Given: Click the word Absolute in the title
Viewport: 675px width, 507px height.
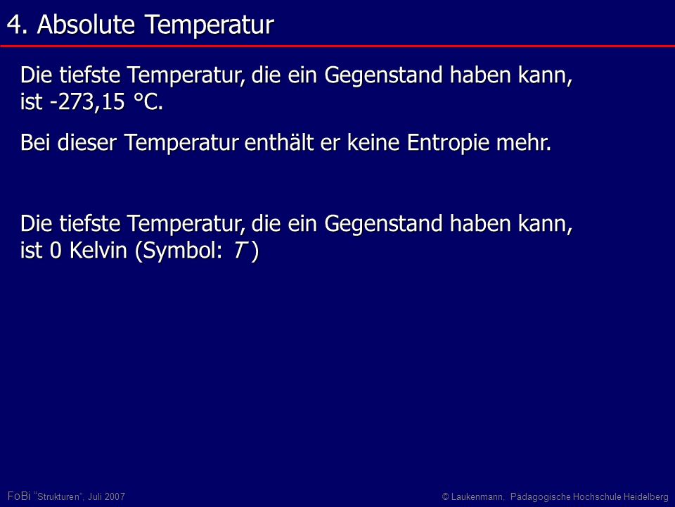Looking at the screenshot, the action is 86,24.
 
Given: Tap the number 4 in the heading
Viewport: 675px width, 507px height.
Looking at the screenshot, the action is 14,25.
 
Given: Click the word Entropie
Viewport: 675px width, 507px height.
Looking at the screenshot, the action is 448,143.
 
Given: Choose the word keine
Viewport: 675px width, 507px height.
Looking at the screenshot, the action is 373,142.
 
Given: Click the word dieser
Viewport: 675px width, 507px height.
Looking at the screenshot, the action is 87,142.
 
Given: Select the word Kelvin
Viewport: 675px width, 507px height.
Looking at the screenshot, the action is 98,250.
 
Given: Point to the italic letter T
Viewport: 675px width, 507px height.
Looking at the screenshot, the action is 239,251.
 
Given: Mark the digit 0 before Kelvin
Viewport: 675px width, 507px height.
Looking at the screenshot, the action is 56,251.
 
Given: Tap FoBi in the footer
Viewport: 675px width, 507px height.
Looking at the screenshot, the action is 19,496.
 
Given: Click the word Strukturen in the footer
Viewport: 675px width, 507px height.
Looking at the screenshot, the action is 58,496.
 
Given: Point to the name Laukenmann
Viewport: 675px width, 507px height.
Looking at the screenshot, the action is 477,496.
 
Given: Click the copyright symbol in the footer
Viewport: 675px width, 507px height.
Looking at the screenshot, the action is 446,497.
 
